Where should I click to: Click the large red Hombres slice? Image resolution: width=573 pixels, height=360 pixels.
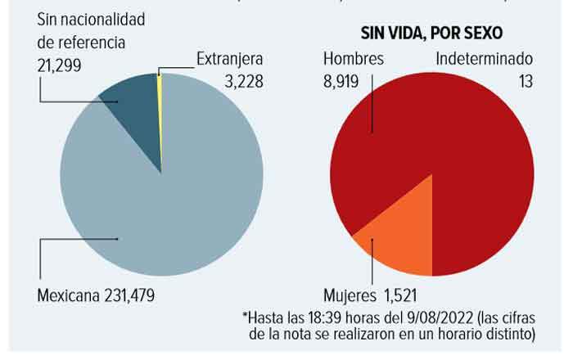click(458, 147)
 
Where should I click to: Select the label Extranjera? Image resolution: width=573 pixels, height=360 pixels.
click(229, 59)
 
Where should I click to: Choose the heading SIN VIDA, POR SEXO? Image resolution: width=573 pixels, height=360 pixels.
click(431, 33)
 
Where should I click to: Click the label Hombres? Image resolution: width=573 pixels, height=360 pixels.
click(353, 59)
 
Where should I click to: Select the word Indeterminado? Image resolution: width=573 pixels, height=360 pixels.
click(485, 59)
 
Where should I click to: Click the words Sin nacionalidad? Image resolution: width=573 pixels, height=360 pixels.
click(92, 18)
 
